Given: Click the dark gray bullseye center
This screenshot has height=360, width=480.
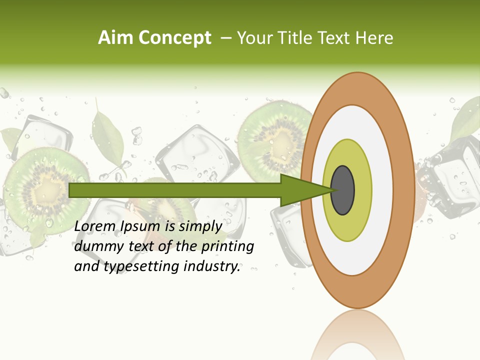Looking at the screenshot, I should pos(342,190).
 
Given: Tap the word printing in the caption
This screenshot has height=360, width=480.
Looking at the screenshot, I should pos(227,246).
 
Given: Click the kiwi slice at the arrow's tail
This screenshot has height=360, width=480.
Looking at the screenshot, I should pos(42,187).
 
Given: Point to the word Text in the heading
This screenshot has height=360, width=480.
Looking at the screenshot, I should pos(337,38).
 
